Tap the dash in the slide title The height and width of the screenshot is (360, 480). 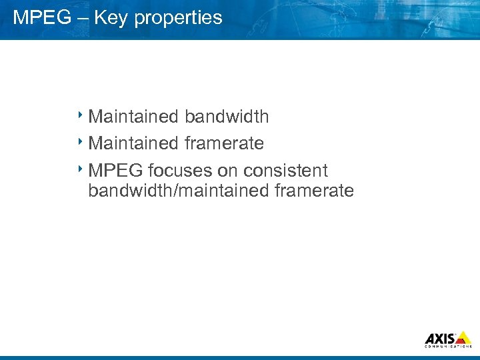click(82, 18)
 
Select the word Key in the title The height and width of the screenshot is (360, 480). click(111, 18)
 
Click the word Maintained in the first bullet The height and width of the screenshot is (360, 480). click(133, 117)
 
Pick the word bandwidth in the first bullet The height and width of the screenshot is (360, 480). click(227, 117)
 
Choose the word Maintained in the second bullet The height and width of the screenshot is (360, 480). click(133, 143)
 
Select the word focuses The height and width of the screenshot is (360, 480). click(179, 171)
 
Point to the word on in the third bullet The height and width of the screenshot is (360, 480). click(228, 171)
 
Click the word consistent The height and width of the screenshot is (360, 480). click(286, 171)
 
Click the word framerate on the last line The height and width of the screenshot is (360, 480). click(314, 191)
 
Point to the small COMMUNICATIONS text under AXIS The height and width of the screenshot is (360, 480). click(448, 347)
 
